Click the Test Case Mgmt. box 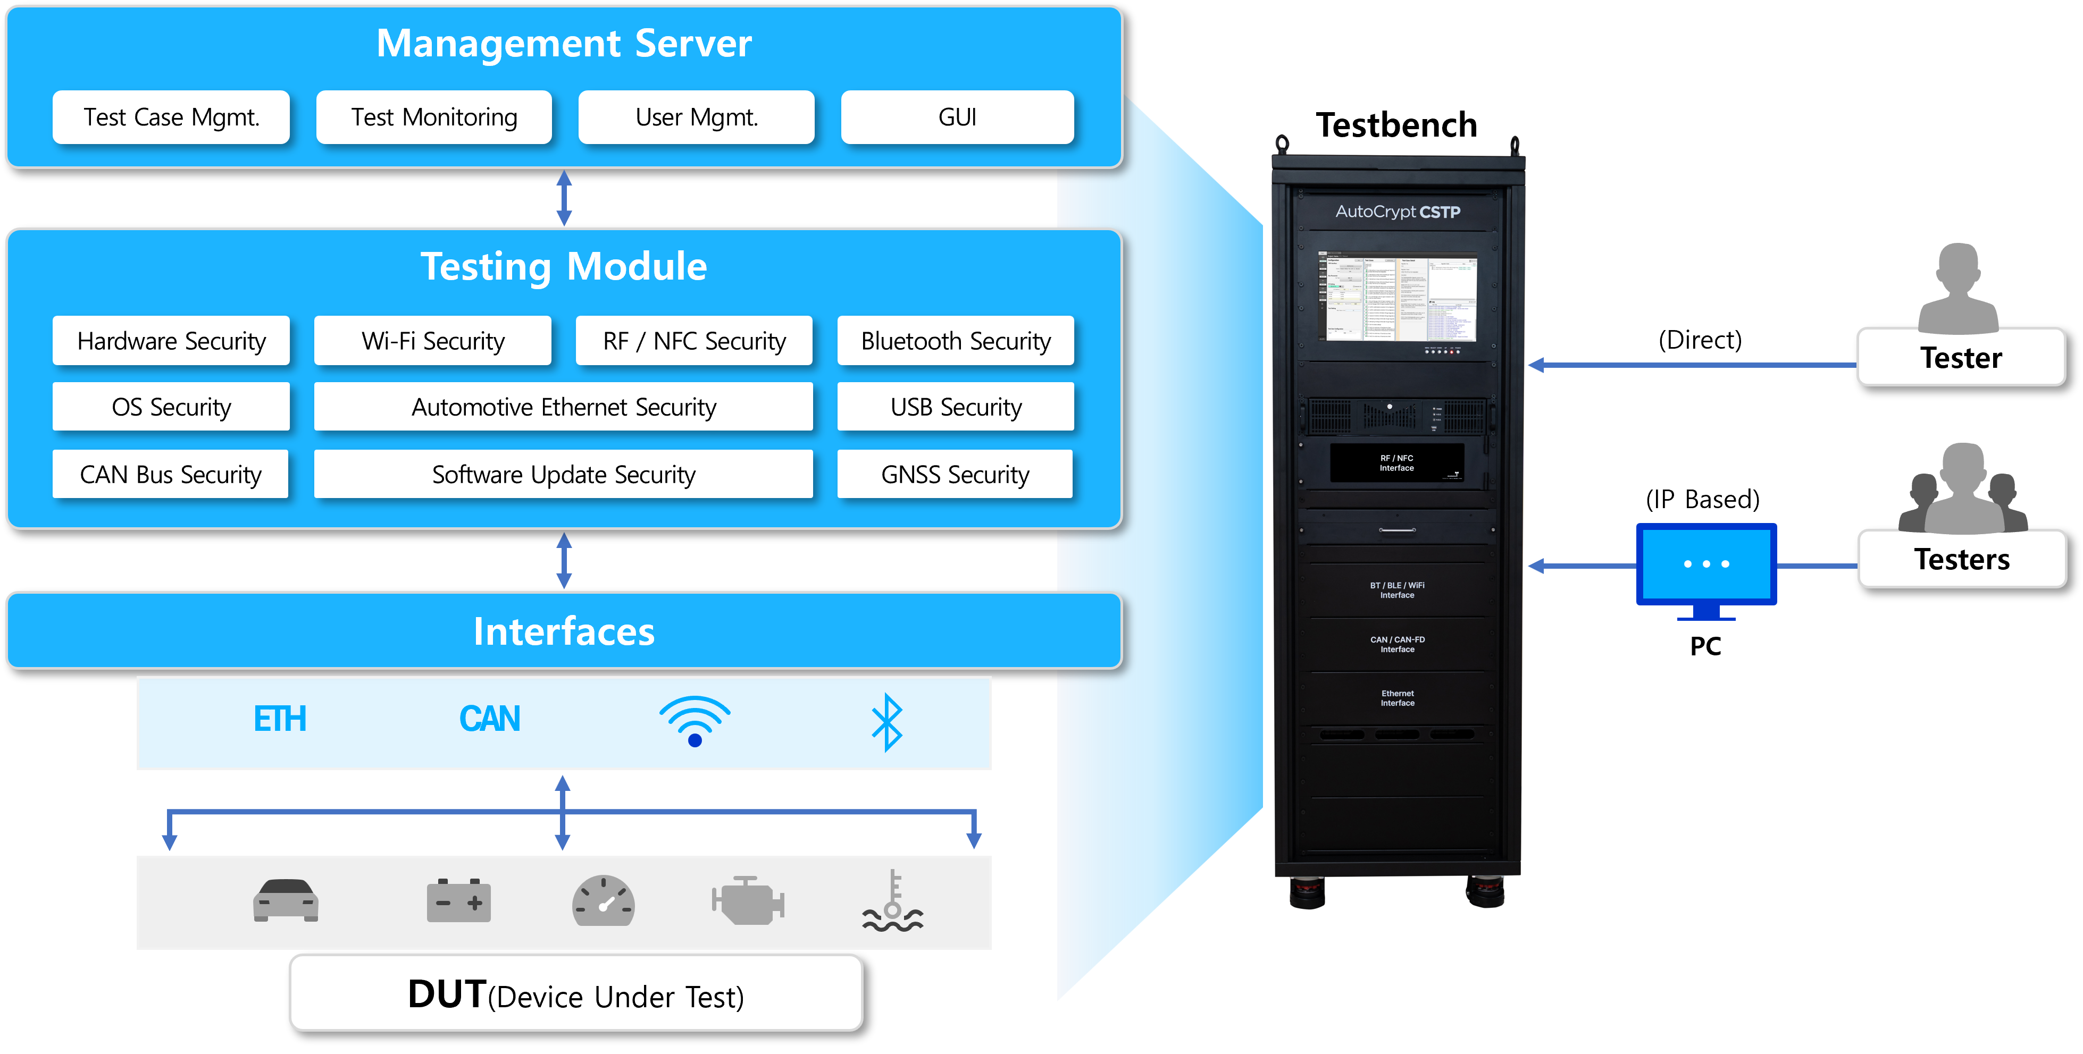(x=171, y=117)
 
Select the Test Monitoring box (x=434, y=117)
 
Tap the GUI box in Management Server (x=957, y=117)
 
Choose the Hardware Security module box (x=171, y=341)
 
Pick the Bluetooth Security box (x=956, y=341)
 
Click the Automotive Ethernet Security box (x=564, y=407)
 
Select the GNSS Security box (x=955, y=475)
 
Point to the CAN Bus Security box (x=171, y=475)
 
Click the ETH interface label (x=280, y=719)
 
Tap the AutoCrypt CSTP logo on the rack (x=1398, y=212)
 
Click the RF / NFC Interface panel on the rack (x=1396, y=463)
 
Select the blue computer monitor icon (x=1706, y=566)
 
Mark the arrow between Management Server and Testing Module (x=564, y=198)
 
